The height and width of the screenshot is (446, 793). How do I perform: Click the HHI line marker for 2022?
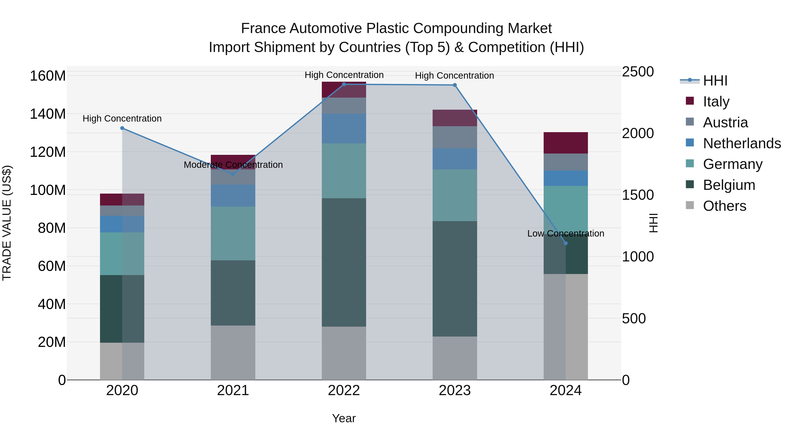point(344,84)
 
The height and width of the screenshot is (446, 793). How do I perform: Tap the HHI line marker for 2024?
point(565,243)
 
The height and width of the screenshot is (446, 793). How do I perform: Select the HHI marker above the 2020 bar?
point(122,128)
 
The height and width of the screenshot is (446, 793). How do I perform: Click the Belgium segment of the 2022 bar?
point(344,262)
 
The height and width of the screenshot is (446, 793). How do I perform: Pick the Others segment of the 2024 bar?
point(565,327)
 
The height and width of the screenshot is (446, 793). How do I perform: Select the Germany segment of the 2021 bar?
point(233,233)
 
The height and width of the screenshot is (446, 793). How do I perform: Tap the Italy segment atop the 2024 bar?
point(565,143)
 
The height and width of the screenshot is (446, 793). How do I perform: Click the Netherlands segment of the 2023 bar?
point(455,159)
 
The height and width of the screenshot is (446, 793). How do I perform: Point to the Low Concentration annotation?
point(565,234)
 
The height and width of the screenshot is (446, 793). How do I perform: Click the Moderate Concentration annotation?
point(233,165)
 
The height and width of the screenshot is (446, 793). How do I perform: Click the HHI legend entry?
point(715,81)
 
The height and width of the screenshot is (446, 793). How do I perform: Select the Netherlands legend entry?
point(742,143)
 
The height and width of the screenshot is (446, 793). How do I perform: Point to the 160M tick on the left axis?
point(48,76)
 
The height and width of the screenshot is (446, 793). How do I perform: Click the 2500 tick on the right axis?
point(637,72)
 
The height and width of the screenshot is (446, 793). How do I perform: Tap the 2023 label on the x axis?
point(455,390)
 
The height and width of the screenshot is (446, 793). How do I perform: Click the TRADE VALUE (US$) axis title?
point(7,223)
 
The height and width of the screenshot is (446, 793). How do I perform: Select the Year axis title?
point(344,418)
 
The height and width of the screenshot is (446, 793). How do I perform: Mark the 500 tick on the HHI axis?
point(634,318)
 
